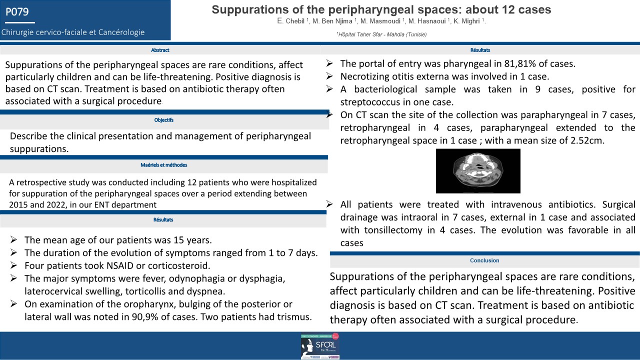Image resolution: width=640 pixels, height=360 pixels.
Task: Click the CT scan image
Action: tap(478, 170)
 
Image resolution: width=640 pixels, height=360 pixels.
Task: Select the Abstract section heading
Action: tap(160, 50)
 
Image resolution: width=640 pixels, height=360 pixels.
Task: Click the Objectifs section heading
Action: tap(164, 120)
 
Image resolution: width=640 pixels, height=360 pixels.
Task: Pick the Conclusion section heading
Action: tap(484, 260)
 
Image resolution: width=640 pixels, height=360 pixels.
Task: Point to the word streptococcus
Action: tap(367, 102)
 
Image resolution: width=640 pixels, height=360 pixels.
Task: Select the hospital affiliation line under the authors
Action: tap(381, 34)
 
